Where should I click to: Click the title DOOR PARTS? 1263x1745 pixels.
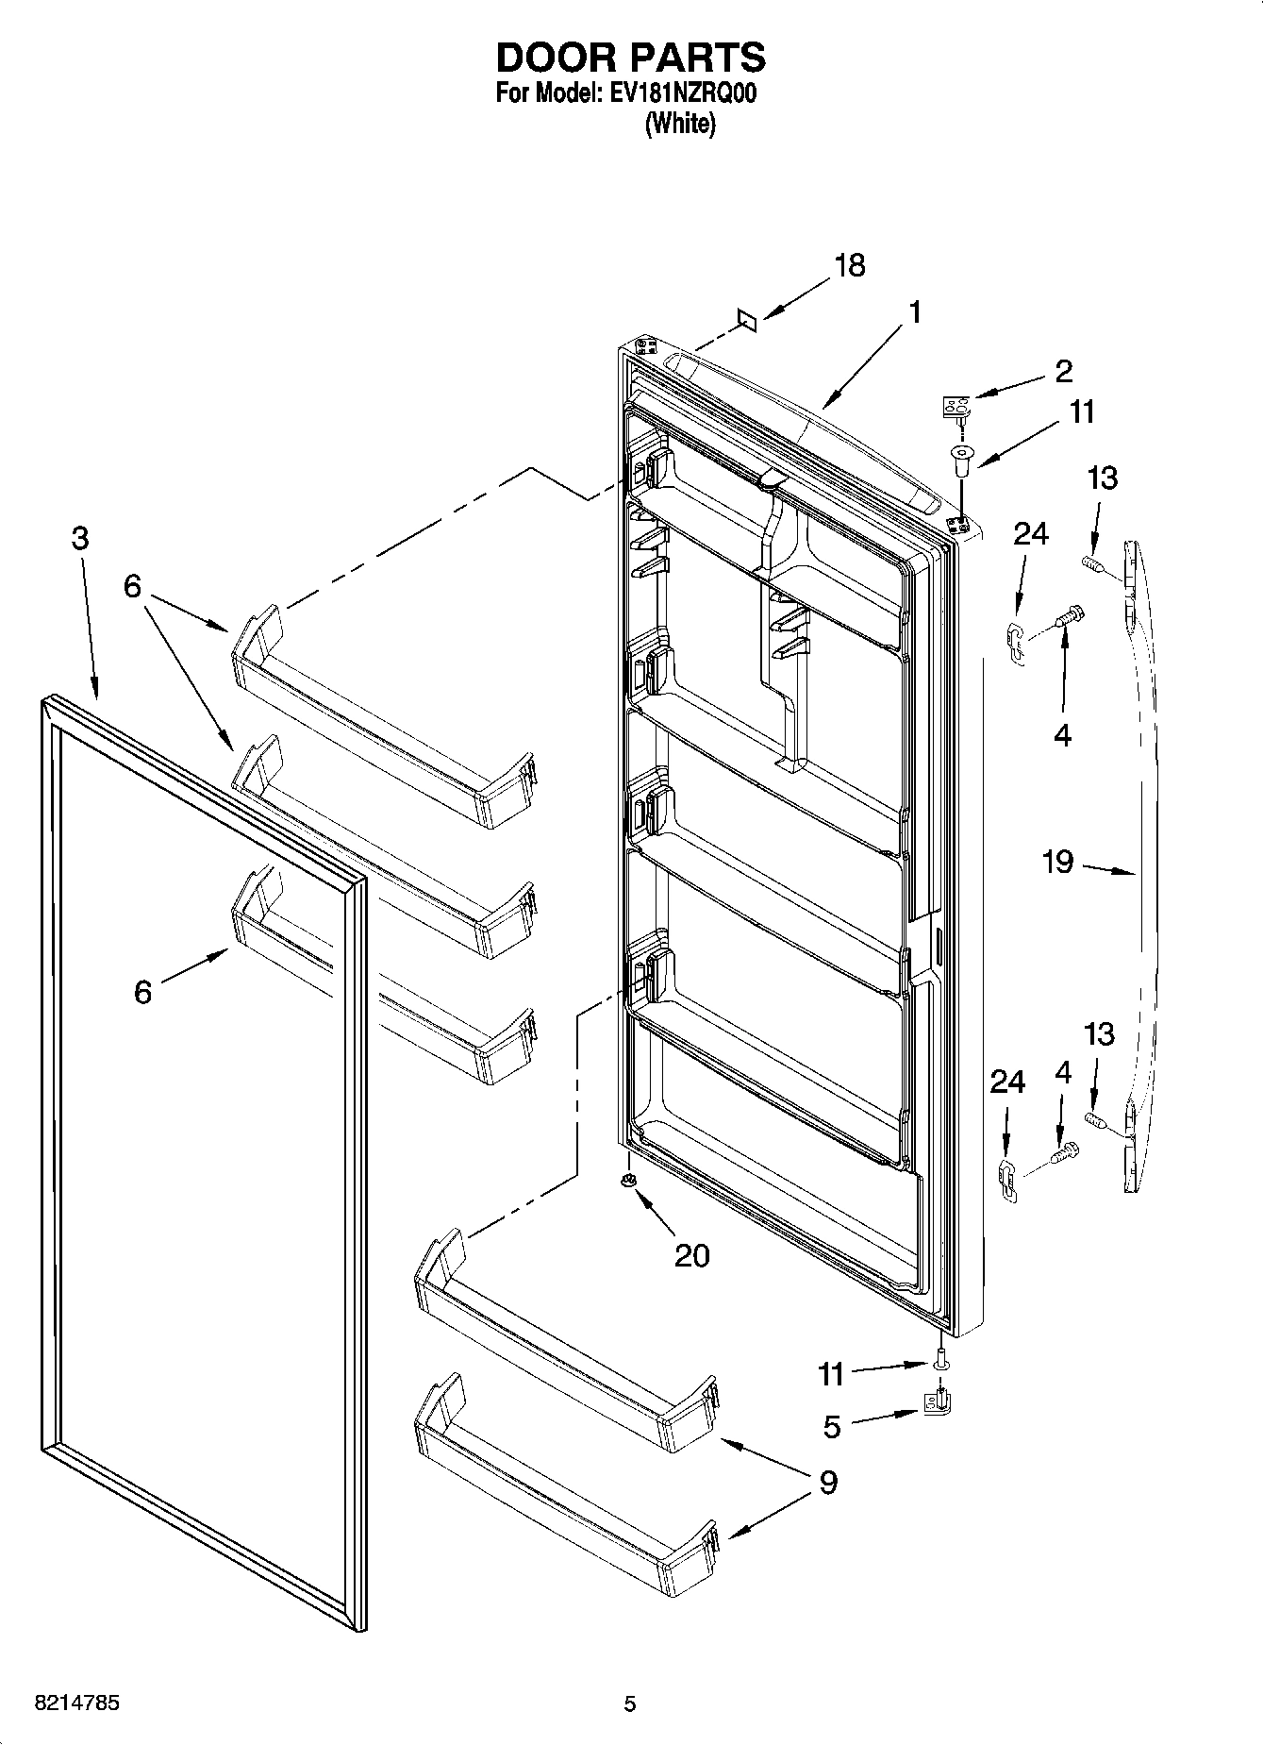click(x=630, y=59)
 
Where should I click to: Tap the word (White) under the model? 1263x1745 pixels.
click(x=679, y=124)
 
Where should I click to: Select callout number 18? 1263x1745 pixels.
click(x=849, y=266)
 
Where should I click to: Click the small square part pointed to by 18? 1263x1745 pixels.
click(x=746, y=321)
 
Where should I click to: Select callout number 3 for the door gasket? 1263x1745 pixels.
click(x=80, y=538)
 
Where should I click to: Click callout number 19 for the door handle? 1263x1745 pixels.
click(x=1058, y=861)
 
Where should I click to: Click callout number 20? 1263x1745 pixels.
click(x=691, y=1255)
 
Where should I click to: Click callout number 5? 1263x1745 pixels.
click(x=831, y=1426)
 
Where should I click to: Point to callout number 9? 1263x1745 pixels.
click(x=827, y=1483)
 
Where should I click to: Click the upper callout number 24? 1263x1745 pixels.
click(x=1030, y=534)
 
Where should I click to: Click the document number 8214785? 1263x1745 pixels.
click(x=76, y=1703)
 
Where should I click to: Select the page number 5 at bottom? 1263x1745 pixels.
click(x=629, y=1703)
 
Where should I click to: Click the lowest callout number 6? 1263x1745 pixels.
click(x=142, y=992)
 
